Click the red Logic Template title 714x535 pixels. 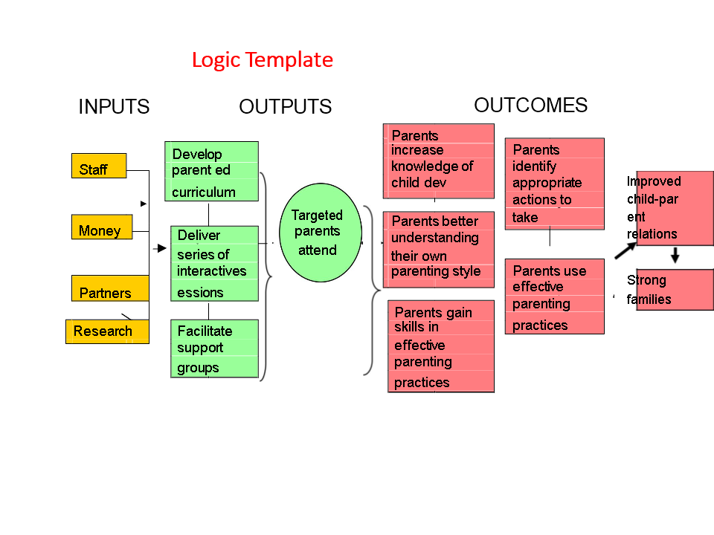(263, 60)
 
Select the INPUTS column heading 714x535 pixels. (114, 106)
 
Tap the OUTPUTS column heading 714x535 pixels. (286, 106)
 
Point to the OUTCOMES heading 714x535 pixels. (531, 105)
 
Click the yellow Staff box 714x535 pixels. (99, 166)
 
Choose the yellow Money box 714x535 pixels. (102, 227)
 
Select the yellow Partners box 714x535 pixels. (110, 288)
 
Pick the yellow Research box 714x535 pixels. (107, 331)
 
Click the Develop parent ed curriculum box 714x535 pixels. (212, 171)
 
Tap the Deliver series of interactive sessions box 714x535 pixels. (214, 263)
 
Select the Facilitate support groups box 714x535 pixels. (214, 348)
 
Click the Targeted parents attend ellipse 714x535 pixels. (321, 233)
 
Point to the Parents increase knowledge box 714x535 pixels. (439, 161)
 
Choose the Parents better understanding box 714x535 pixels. (439, 250)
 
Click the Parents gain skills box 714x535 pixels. (441, 346)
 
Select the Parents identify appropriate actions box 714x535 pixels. (555, 184)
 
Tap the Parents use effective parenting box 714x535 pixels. (555, 296)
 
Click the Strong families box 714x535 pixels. (670, 290)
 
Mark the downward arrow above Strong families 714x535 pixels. (675, 255)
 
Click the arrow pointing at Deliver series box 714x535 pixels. (160, 248)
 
